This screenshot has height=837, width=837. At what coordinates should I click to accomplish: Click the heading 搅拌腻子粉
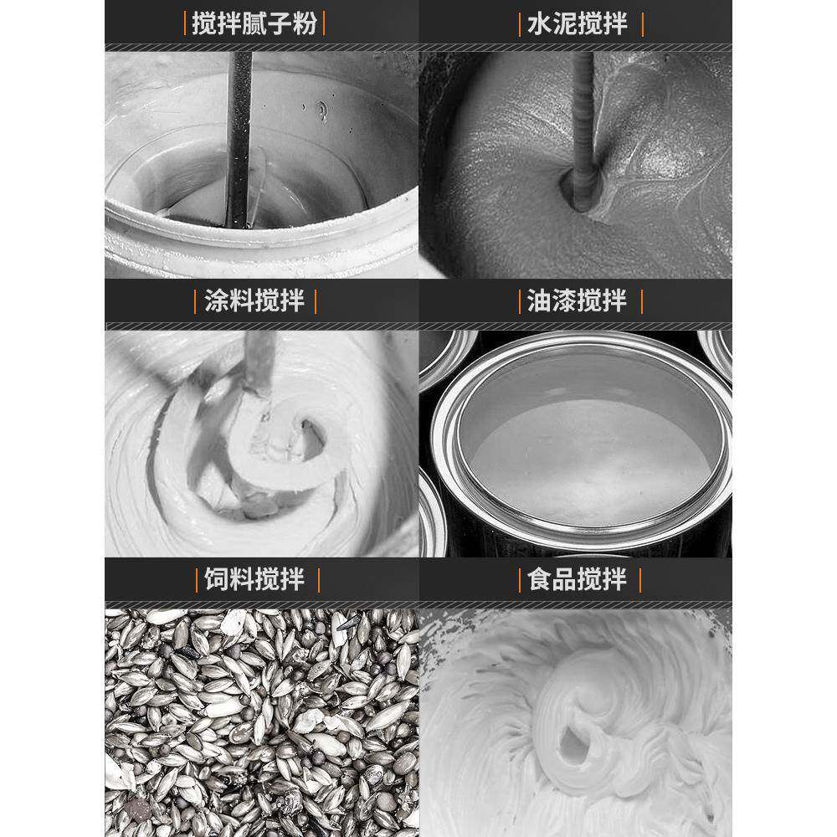click(254, 24)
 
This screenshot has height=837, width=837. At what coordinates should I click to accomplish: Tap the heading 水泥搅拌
click(577, 24)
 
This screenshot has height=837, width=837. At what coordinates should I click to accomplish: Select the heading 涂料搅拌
click(254, 300)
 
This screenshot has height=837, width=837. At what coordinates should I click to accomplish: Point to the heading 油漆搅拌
click(577, 300)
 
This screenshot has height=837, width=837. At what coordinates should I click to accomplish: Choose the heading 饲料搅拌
click(254, 579)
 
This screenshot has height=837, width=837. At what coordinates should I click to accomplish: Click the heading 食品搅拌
click(577, 579)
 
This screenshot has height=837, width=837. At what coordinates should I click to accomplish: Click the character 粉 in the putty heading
click(305, 24)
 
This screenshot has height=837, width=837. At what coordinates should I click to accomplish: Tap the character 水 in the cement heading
click(540, 24)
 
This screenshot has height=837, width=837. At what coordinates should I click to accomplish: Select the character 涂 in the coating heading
click(217, 300)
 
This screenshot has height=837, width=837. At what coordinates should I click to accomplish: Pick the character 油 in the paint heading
click(540, 300)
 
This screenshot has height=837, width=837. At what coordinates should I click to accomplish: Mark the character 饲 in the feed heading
click(217, 579)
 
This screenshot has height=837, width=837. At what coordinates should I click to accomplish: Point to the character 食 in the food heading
click(540, 579)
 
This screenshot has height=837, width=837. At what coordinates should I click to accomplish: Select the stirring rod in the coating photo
click(259, 363)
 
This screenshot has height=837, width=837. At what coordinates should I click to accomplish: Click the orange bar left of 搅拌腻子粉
click(185, 24)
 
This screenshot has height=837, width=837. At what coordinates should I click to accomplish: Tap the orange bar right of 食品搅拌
click(640, 580)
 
